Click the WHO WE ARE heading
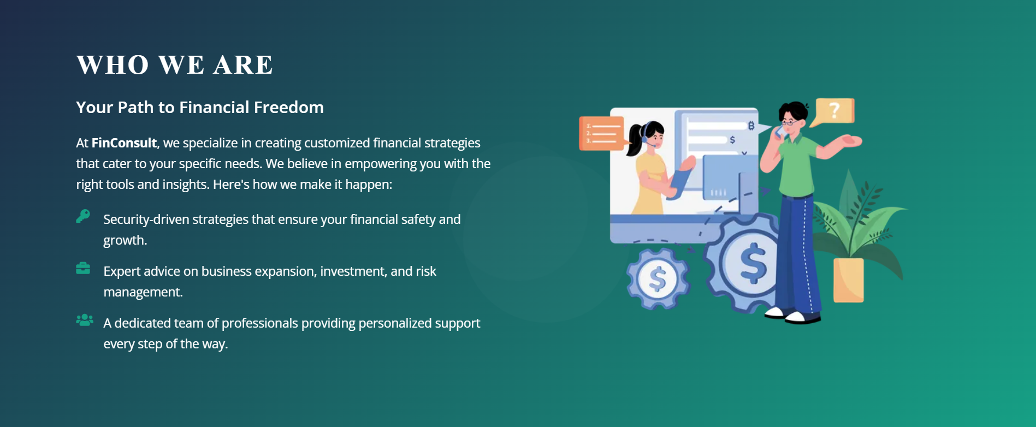[174, 65]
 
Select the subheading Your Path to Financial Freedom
[200, 107]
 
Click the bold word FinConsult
[124, 143]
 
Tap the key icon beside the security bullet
[83, 216]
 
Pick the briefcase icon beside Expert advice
[83, 268]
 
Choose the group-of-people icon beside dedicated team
[85, 320]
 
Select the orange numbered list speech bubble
[602, 133]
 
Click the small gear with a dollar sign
[658, 279]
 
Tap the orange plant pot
[848, 280]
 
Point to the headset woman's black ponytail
[635, 139]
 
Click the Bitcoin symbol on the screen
[751, 126]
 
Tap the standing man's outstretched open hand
[850, 140]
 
